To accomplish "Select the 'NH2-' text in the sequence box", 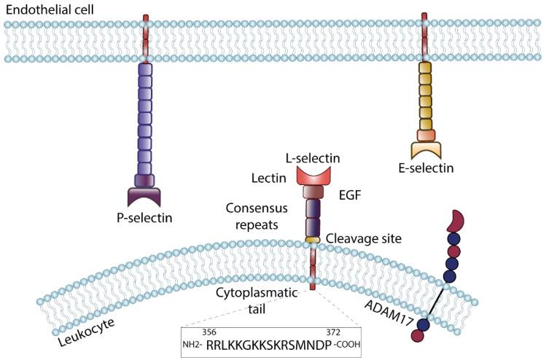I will (192, 345).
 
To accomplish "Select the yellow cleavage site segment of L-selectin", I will (313, 239).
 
